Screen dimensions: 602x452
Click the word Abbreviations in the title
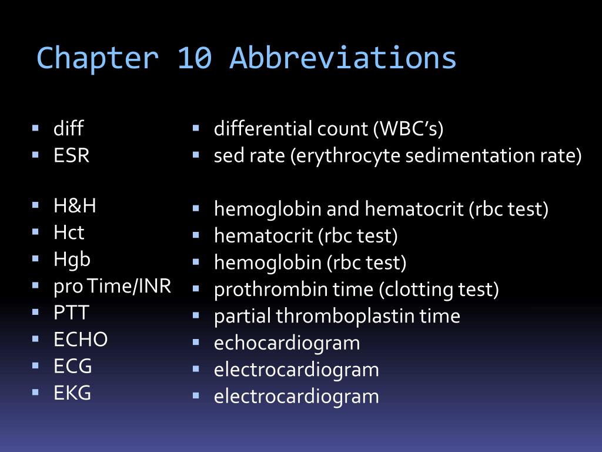(x=343, y=58)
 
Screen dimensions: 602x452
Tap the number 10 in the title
(x=195, y=58)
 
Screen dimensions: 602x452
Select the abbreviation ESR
(x=71, y=155)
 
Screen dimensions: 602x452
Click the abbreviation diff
(x=68, y=128)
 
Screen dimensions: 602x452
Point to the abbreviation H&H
(x=75, y=205)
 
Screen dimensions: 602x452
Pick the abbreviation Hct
(x=69, y=232)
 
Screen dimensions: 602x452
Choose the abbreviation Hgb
(x=72, y=260)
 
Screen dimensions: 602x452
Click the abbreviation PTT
(x=71, y=313)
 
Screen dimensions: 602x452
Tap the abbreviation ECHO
(x=81, y=340)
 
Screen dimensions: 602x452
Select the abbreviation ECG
(x=72, y=366)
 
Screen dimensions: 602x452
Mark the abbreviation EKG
(x=72, y=393)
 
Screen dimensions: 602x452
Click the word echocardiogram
(x=287, y=343)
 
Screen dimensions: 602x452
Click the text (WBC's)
(x=409, y=129)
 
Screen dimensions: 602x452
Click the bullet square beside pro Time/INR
(x=35, y=285)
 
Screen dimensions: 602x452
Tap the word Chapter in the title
(x=98, y=58)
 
